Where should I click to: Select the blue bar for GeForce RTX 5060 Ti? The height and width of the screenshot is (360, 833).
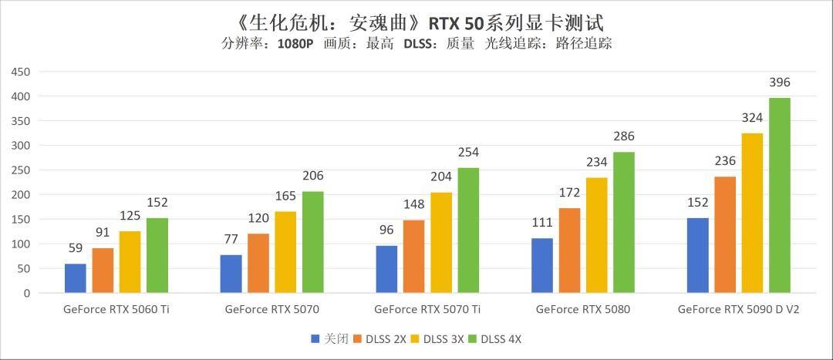tap(76, 278)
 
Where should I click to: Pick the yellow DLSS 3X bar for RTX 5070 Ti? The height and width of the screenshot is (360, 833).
tap(440, 243)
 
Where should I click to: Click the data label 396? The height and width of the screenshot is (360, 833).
tap(780, 82)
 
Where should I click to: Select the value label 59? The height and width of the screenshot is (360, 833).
tap(76, 249)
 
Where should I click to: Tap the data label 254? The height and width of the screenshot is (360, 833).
tap(468, 153)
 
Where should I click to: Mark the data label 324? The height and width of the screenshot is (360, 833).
tap(752, 118)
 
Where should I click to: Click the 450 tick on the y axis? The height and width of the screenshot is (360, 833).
tap(20, 72)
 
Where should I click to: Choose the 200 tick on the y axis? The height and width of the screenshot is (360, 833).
tap(20, 195)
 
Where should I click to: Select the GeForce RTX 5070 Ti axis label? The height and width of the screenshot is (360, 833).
tap(427, 310)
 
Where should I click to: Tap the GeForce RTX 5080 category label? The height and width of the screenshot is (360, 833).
tap(582, 310)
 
